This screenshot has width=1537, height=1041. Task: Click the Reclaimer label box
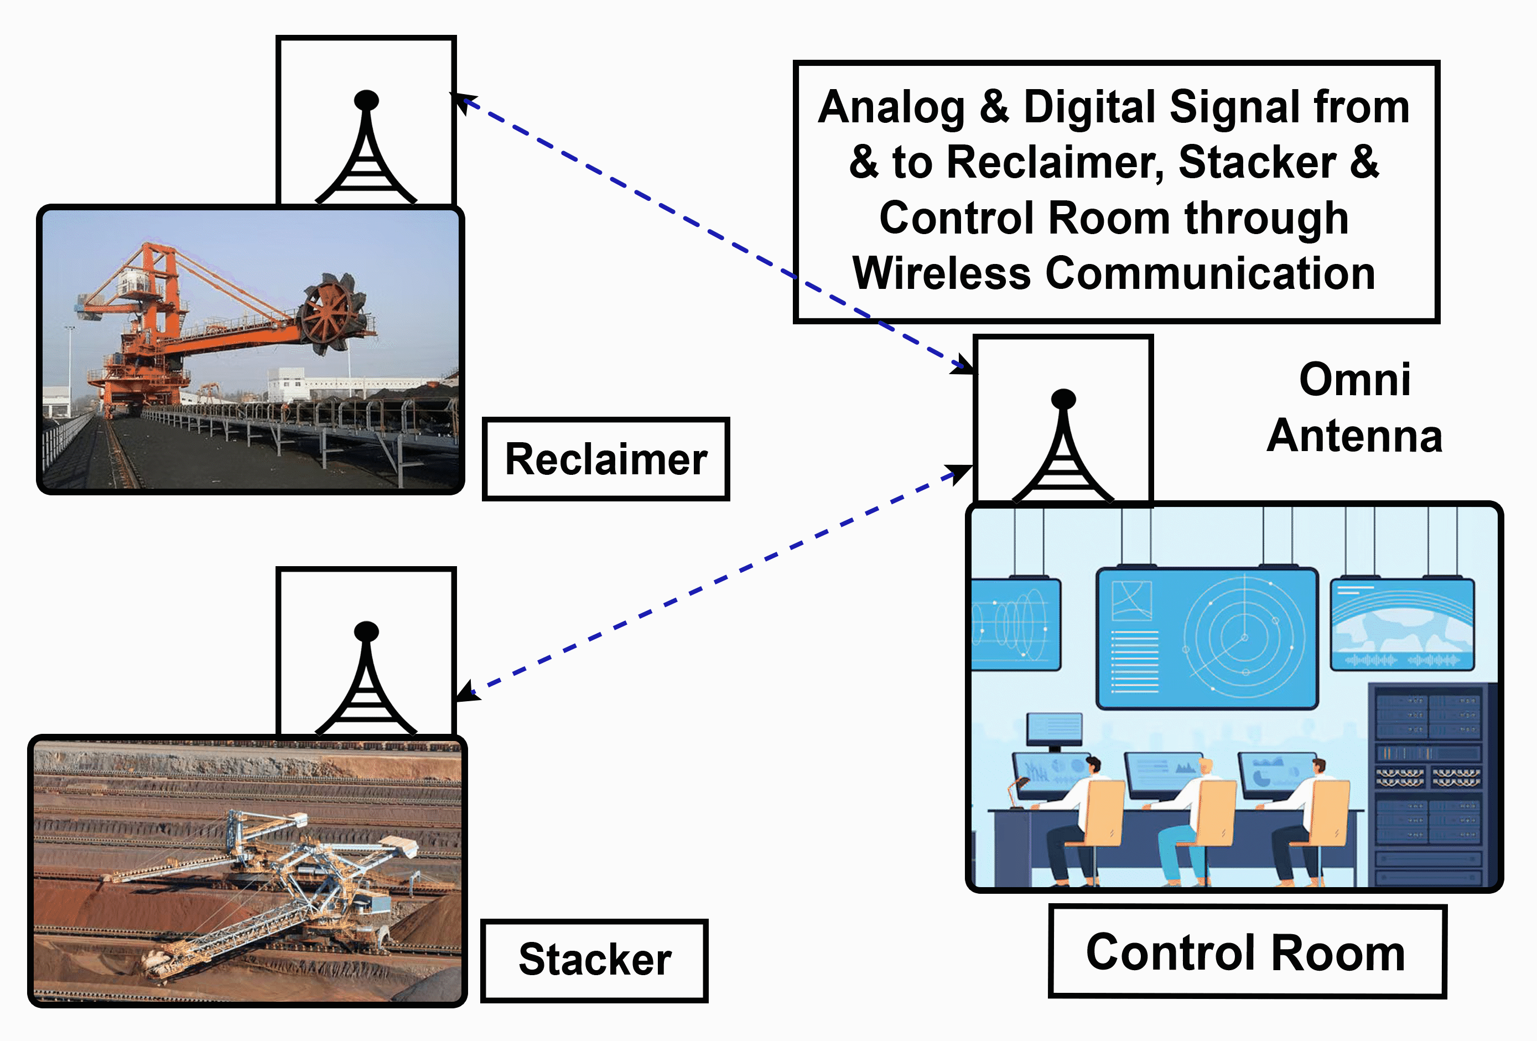point(605,459)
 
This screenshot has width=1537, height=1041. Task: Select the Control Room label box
point(1246,952)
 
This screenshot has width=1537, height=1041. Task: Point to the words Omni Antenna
point(1354,407)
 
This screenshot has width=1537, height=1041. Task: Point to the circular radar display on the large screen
point(1243,638)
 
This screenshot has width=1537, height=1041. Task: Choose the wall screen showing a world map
point(1402,624)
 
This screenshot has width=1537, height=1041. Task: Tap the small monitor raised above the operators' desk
point(1054,730)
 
